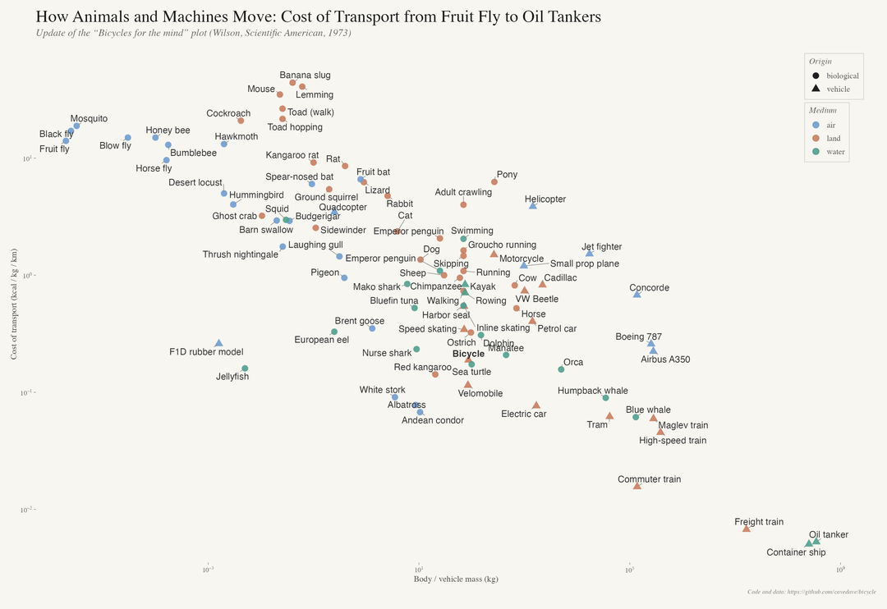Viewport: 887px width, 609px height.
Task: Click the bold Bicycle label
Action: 468,354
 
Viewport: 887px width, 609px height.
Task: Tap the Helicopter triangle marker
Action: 533,205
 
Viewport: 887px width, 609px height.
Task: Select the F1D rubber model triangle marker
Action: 218,342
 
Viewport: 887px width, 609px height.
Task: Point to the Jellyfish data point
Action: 245,369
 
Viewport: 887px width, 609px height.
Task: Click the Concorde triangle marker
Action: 637,294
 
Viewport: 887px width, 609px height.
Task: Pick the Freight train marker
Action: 746,529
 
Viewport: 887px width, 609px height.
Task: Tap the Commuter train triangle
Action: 637,486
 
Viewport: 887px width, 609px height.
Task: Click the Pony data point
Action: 494,182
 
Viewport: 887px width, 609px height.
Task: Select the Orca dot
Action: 561,369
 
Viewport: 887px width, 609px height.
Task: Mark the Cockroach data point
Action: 241,121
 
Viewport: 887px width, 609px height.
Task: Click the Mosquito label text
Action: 89,119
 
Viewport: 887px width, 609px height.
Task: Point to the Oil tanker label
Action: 828,534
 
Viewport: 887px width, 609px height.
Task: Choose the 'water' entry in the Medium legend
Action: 834,152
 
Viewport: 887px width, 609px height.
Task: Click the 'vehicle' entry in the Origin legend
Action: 838,89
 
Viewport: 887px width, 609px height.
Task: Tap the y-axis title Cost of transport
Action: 13,304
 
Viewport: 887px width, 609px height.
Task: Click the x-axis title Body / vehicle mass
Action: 456,579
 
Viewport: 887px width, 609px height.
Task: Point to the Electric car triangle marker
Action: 535,405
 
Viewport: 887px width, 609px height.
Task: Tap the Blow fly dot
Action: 128,138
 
